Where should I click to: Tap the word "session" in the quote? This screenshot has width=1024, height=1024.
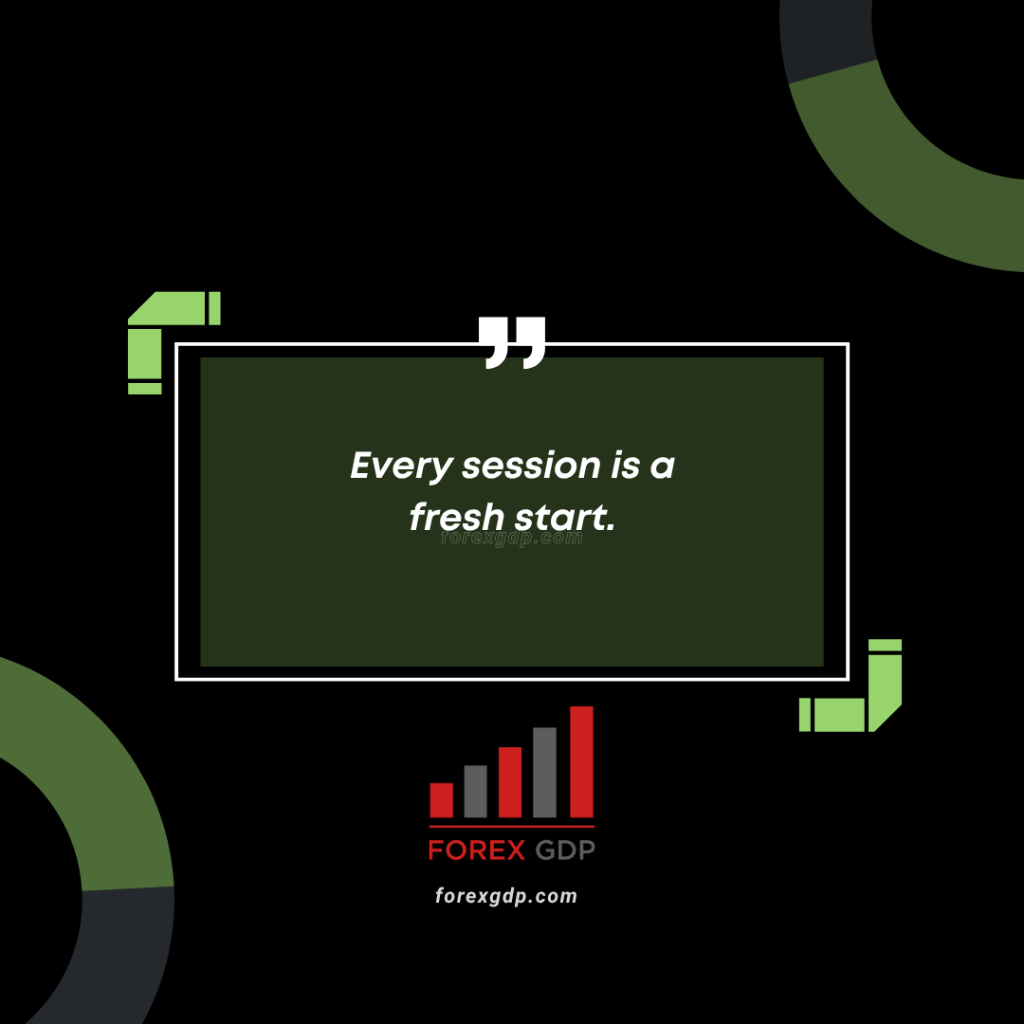pyautogui.click(x=531, y=466)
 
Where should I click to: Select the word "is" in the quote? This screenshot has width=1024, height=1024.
pyautogui.click(x=625, y=465)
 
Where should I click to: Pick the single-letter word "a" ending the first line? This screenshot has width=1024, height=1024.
pyautogui.click(x=662, y=466)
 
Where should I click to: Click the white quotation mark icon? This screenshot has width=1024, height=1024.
pyautogui.click(x=512, y=343)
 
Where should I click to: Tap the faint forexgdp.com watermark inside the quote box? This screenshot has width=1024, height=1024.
pyautogui.click(x=511, y=538)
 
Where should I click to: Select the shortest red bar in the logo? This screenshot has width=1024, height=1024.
pyautogui.click(x=442, y=800)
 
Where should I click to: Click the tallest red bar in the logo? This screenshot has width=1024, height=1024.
pyautogui.click(x=582, y=761)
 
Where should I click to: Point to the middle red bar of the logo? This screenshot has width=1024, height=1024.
pyautogui.click(x=510, y=781)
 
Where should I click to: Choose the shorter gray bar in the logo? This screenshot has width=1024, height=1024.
pyautogui.click(x=475, y=791)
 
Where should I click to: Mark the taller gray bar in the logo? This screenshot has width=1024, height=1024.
pyautogui.click(x=544, y=772)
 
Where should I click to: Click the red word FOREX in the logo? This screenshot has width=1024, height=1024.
pyautogui.click(x=477, y=850)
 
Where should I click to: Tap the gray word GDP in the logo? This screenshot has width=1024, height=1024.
pyautogui.click(x=565, y=850)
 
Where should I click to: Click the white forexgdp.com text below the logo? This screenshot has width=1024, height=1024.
pyautogui.click(x=506, y=896)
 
